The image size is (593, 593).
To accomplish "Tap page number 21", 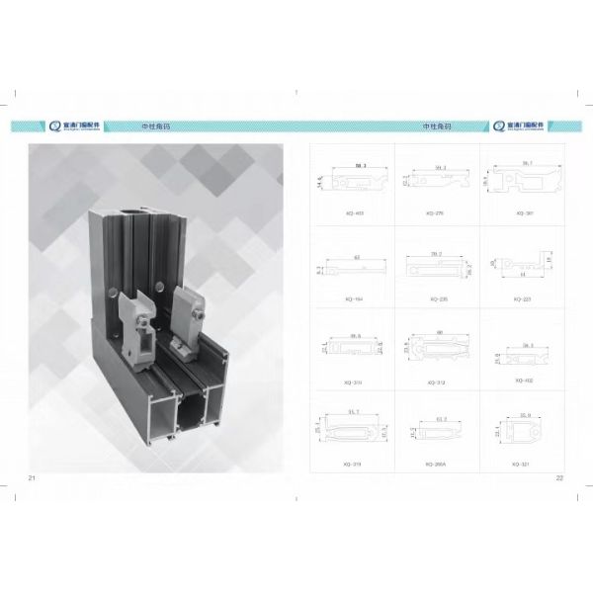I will (33, 478).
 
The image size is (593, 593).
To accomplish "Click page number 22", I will (559, 478).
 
